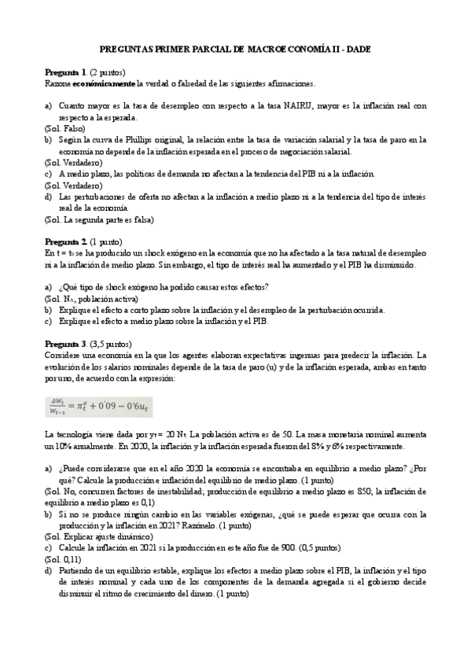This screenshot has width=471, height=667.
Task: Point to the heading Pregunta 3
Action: [x=66, y=345]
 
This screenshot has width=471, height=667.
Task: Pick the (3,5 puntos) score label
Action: [x=112, y=345]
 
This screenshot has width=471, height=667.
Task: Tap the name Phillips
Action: [x=161, y=139]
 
